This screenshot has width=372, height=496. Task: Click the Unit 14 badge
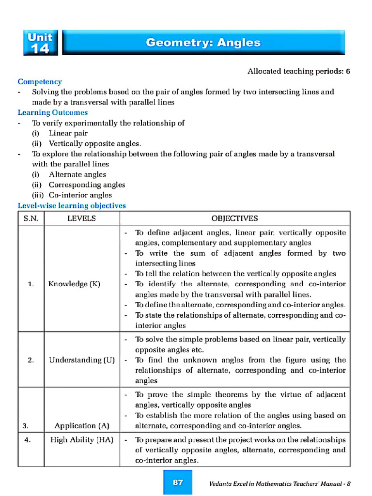point(40,43)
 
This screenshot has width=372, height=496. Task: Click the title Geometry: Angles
point(203,43)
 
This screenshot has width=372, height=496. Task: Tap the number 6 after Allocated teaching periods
point(348,71)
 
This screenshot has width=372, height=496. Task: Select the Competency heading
point(40,82)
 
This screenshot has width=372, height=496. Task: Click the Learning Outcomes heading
point(53,112)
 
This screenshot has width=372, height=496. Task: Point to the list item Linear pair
point(68,133)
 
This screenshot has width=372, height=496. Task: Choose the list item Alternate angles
point(77,174)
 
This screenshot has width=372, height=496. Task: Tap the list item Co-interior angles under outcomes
point(80,195)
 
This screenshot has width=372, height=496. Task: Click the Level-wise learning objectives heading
point(72,205)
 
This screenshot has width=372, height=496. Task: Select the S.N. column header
point(31,218)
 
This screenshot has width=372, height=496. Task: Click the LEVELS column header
point(81,218)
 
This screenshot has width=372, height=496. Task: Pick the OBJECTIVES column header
point(234,218)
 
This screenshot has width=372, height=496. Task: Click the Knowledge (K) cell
point(74,284)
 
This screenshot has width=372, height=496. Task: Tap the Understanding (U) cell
point(82,360)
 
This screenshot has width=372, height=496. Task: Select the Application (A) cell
point(82,426)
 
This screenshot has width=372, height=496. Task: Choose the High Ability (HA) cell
point(82,440)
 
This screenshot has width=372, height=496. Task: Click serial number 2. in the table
point(31,360)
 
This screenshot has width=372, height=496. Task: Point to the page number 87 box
point(178,482)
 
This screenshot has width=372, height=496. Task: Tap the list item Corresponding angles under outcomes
point(87,185)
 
